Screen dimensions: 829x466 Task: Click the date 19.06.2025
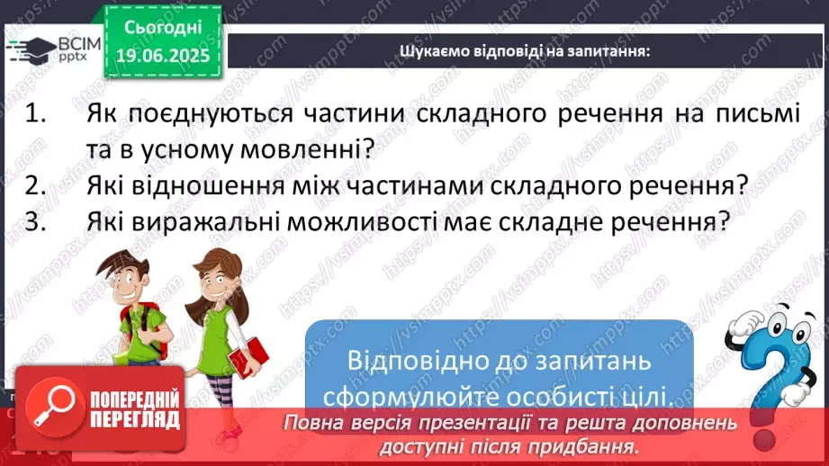coord(163,56)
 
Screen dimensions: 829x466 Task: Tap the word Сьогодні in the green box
coord(163,27)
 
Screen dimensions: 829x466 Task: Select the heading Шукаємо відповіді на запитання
coord(525,51)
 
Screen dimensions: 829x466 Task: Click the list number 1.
coord(35,113)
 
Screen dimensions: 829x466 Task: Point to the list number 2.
coord(35,185)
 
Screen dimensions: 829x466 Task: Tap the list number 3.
coord(35,221)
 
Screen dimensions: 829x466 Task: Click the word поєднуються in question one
coord(211,114)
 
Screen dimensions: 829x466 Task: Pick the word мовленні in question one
coord(307,150)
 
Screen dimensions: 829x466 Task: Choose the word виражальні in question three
coord(205,222)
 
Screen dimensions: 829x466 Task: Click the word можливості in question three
coord(362,222)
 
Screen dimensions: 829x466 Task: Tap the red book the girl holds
coord(248,356)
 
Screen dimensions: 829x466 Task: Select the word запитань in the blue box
coord(593,363)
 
